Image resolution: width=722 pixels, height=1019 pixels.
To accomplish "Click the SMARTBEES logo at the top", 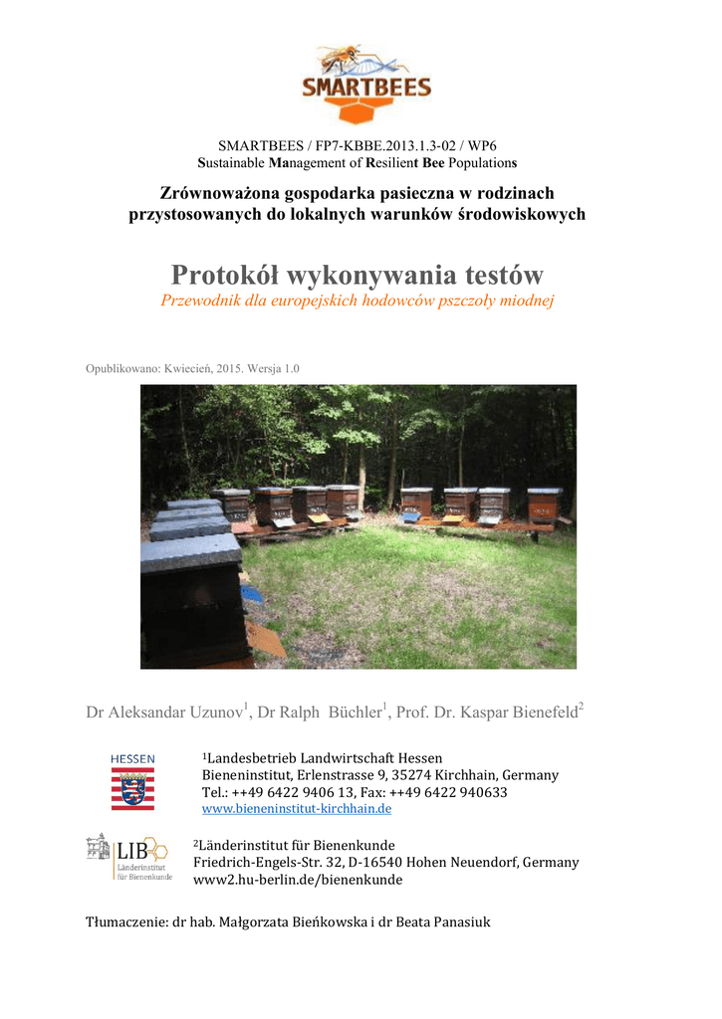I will (x=361, y=85).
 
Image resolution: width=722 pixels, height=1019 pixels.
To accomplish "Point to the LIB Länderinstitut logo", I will (x=128, y=858).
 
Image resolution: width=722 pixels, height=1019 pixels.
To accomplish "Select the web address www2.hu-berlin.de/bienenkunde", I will (x=298, y=880).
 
